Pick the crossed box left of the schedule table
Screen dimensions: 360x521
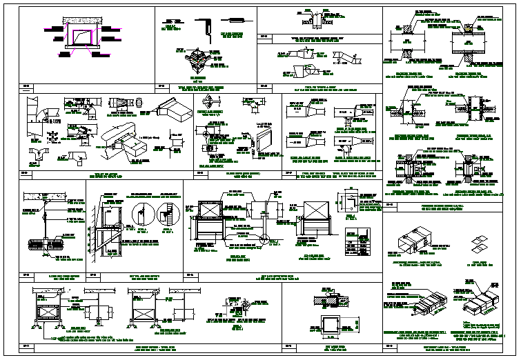pos(313,220)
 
